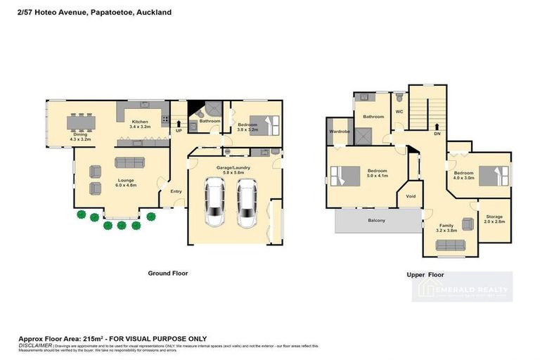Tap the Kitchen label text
pos(141,124)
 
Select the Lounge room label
pos(126,182)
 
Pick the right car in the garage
pos(246,203)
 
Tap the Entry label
pos(176,191)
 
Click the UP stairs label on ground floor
pos(178,131)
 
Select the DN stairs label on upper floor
pos(437,134)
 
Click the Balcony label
pos(377,220)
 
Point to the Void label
pos(411,197)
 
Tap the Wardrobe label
pos(340,131)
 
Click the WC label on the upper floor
pos(398,112)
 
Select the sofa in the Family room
pos(450,245)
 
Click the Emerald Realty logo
pos(463,287)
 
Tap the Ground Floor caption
pos(167,273)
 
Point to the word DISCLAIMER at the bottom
pos(35,345)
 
